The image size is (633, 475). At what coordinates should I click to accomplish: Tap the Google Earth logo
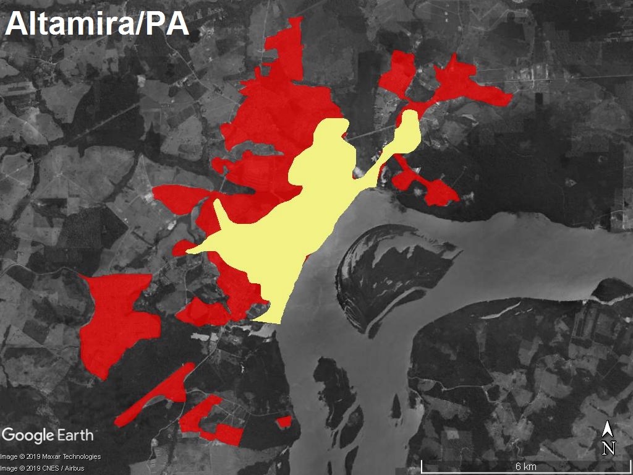(48, 435)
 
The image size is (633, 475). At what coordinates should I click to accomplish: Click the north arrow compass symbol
(608, 430)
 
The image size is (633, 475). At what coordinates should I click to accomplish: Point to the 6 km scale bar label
(525, 466)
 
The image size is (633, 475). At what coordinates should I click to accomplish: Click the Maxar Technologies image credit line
(51, 457)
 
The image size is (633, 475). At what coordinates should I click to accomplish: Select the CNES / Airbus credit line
(42, 468)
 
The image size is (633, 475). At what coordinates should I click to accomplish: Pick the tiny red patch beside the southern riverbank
(284, 422)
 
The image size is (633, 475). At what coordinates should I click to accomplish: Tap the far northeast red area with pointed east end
(470, 83)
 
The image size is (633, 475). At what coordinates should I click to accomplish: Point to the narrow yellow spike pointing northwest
(219, 213)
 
